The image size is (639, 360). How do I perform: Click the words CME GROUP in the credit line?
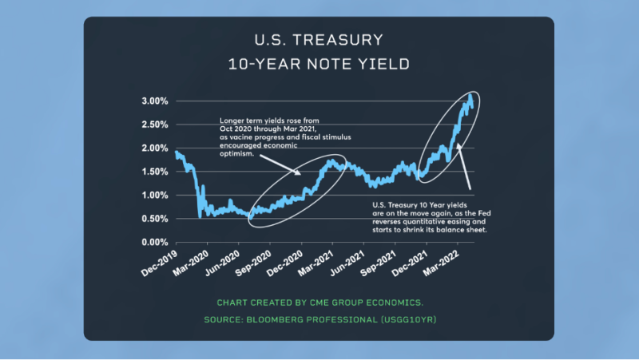[x=341, y=303]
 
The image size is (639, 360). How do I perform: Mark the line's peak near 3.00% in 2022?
[x=470, y=97]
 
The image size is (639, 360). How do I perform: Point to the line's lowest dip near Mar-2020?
[x=199, y=216]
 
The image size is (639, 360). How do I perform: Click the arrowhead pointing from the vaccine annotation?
[x=300, y=174]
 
